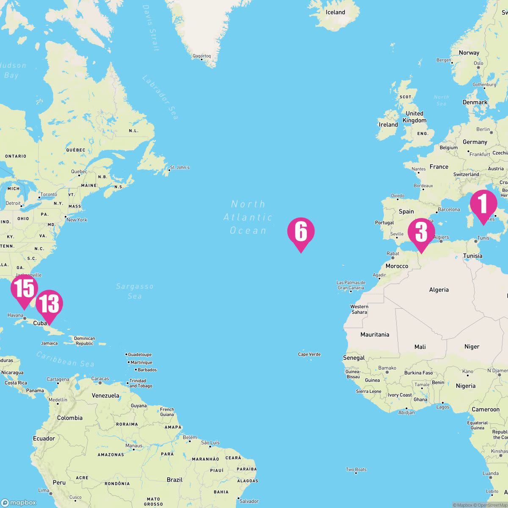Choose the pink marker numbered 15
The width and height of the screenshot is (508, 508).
click(24, 289)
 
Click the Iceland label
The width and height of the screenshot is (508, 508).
click(335, 12)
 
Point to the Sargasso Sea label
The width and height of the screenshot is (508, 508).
click(135, 291)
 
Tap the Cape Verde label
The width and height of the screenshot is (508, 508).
click(309, 354)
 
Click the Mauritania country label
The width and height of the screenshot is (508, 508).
click(375, 334)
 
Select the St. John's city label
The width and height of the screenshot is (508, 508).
click(179, 167)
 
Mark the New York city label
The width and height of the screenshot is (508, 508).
click(77, 220)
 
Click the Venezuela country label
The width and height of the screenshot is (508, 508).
click(105, 395)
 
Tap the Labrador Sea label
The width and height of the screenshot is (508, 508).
click(160, 97)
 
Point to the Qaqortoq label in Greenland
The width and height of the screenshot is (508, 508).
click(202, 56)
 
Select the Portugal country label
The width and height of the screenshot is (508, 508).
click(384, 223)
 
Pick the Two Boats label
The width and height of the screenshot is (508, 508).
click(356, 469)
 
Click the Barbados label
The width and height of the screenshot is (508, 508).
click(147, 370)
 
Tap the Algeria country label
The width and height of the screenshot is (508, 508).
click(439, 290)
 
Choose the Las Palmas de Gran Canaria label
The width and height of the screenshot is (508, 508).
click(351, 285)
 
